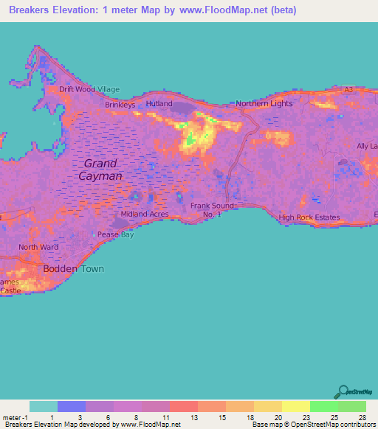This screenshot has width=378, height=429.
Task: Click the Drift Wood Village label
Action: coord(89,89)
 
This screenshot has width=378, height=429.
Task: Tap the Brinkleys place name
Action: coord(120,105)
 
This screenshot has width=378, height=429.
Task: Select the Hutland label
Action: coord(159,105)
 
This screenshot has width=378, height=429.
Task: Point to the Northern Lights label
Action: coord(264,104)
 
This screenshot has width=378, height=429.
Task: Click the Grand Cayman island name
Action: coord(101,170)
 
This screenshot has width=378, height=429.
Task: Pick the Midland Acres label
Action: coord(139,214)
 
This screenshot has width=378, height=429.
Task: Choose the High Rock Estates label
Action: coord(309,217)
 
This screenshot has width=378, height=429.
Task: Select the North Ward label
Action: coord(38,248)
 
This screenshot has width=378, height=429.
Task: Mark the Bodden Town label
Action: coord(73,269)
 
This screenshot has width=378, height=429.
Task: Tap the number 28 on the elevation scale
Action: coord(361,416)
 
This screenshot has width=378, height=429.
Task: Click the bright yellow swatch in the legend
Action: coord(295,406)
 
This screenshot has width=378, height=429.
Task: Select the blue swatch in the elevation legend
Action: coord(72,406)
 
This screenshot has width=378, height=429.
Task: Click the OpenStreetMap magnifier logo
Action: coord(343,391)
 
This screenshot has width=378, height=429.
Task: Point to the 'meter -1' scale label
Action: coord(16,416)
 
